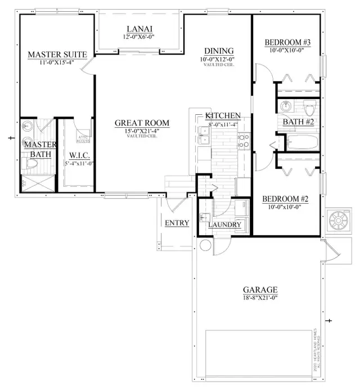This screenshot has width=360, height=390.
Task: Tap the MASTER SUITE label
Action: pos(57,55)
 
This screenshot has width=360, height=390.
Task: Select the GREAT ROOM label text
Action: pos(142,123)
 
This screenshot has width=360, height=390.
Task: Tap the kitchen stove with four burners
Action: pos(244,141)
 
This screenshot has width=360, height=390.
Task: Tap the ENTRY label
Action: pos(177,223)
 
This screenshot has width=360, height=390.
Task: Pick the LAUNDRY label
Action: pos(224,225)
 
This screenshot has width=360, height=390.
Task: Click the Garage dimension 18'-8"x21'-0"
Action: pos(260,297)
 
